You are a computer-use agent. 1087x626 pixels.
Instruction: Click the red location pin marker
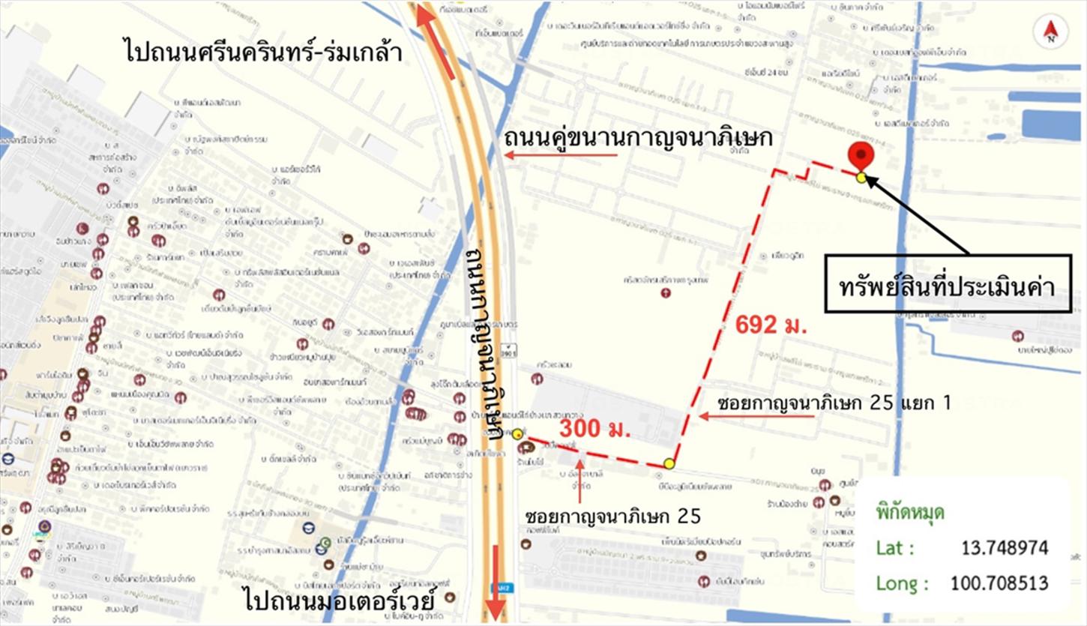860,156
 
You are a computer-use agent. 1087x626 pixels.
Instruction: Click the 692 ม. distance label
771,325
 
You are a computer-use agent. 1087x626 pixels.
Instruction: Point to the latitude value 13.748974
1005,548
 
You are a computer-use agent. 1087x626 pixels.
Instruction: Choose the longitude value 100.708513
999,583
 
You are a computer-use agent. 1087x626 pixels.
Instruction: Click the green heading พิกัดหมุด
909,513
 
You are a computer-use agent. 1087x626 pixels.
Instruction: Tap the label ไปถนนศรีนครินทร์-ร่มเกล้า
263,52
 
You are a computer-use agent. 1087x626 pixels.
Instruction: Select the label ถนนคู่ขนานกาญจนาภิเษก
638,139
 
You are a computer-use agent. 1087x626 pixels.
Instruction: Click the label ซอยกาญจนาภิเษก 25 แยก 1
833,403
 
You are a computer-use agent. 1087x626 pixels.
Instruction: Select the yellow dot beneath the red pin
861,178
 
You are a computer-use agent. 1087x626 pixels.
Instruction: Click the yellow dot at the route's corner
669,463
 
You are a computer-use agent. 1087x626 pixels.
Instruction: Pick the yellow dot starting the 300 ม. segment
518,434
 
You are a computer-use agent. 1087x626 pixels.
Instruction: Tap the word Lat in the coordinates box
894,548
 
